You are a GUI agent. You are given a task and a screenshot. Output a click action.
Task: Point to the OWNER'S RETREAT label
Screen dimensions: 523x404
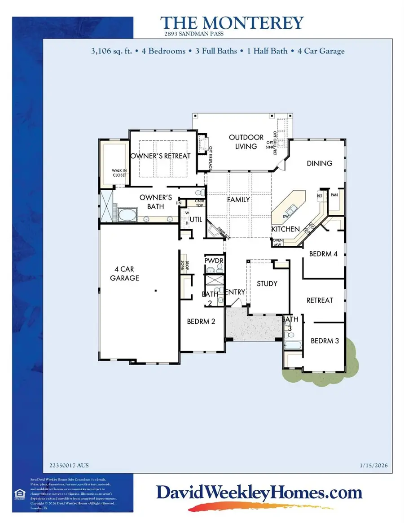(160, 156)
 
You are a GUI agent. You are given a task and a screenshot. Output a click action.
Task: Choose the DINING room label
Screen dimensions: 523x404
(320, 163)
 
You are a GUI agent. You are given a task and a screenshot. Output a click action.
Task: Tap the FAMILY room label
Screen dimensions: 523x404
(238, 200)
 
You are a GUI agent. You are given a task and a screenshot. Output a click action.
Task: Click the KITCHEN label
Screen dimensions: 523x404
(285, 229)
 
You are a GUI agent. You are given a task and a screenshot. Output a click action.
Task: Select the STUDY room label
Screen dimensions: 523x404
(267, 283)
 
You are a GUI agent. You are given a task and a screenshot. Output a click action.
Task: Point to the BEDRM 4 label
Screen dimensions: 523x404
(323, 254)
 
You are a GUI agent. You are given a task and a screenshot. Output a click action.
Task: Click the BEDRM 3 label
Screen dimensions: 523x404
(325, 340)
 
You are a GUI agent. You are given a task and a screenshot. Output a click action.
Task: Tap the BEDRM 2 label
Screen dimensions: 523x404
(201, 321)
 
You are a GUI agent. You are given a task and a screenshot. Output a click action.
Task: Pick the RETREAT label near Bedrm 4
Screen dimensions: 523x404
(320, 300)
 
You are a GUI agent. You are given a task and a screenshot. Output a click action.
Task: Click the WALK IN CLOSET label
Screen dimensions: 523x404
(120, 173)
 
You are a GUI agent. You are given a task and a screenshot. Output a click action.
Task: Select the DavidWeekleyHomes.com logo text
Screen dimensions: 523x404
(259, 493)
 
